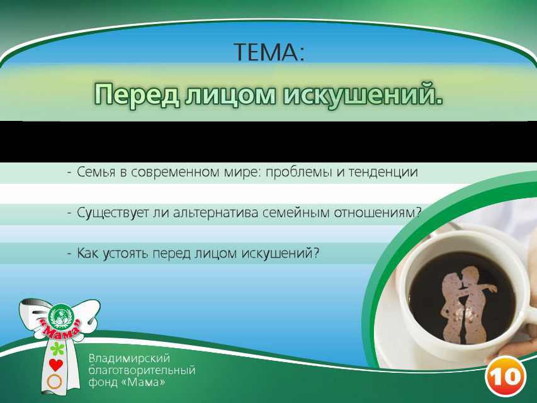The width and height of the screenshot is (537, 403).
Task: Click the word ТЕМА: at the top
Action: point(269,52)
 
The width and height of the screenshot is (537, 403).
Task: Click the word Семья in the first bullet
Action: point(96,173)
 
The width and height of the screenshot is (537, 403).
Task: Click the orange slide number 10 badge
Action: point(505,377)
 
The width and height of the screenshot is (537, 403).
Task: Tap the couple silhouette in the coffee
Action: point(470,302)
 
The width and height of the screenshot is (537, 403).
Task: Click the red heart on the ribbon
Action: point(56,365)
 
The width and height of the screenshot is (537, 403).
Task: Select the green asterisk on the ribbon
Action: point(57,349)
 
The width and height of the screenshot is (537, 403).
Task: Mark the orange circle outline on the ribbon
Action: point(55,381)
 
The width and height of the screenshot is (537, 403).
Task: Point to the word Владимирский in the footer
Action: point(129,358)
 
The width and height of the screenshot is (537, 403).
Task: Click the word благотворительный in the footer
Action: point(142,370)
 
